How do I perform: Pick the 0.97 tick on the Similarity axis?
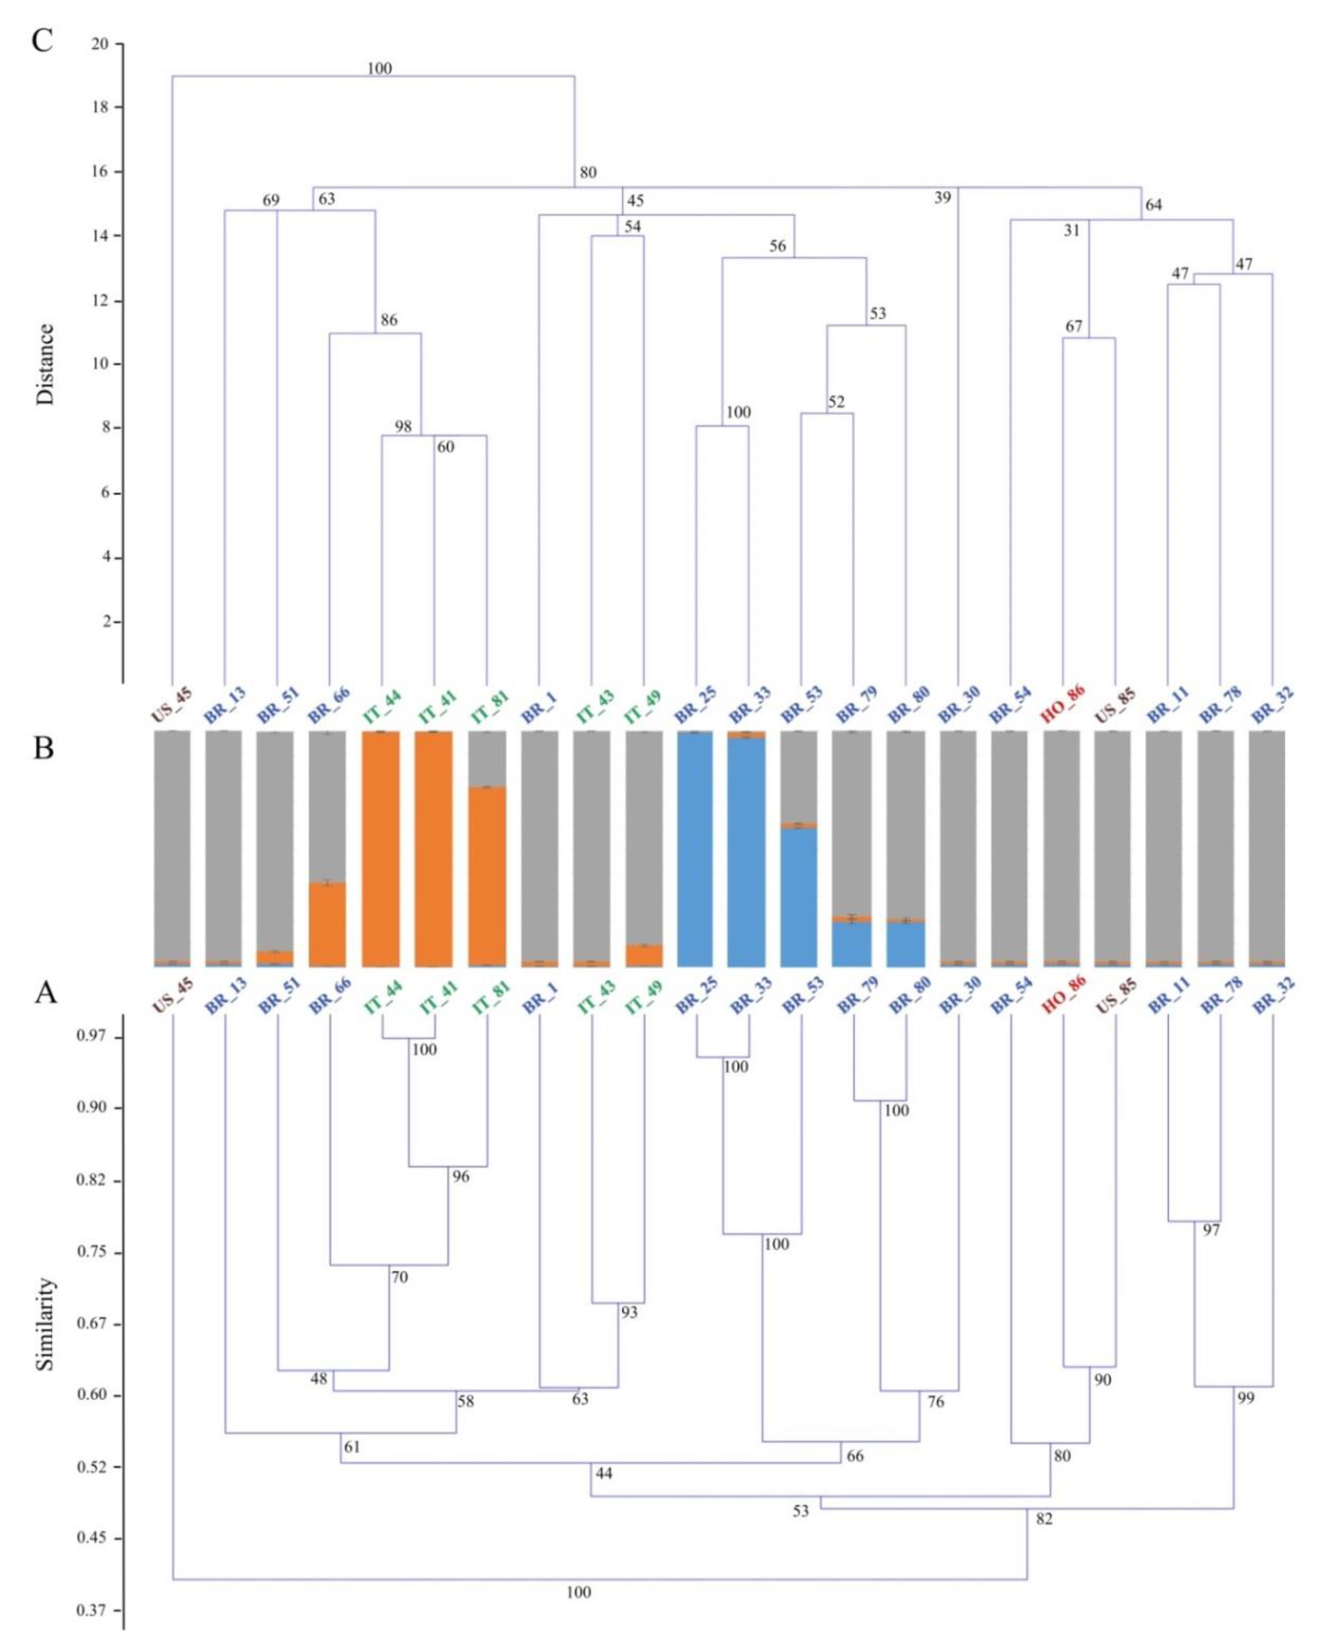tap(89, 1038)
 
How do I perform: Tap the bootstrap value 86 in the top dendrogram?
tap(389, 320)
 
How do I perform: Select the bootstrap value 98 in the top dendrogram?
tap(403, 426)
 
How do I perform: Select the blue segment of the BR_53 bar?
tap(798, 896)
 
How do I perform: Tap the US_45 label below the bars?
tap(171, 993)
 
